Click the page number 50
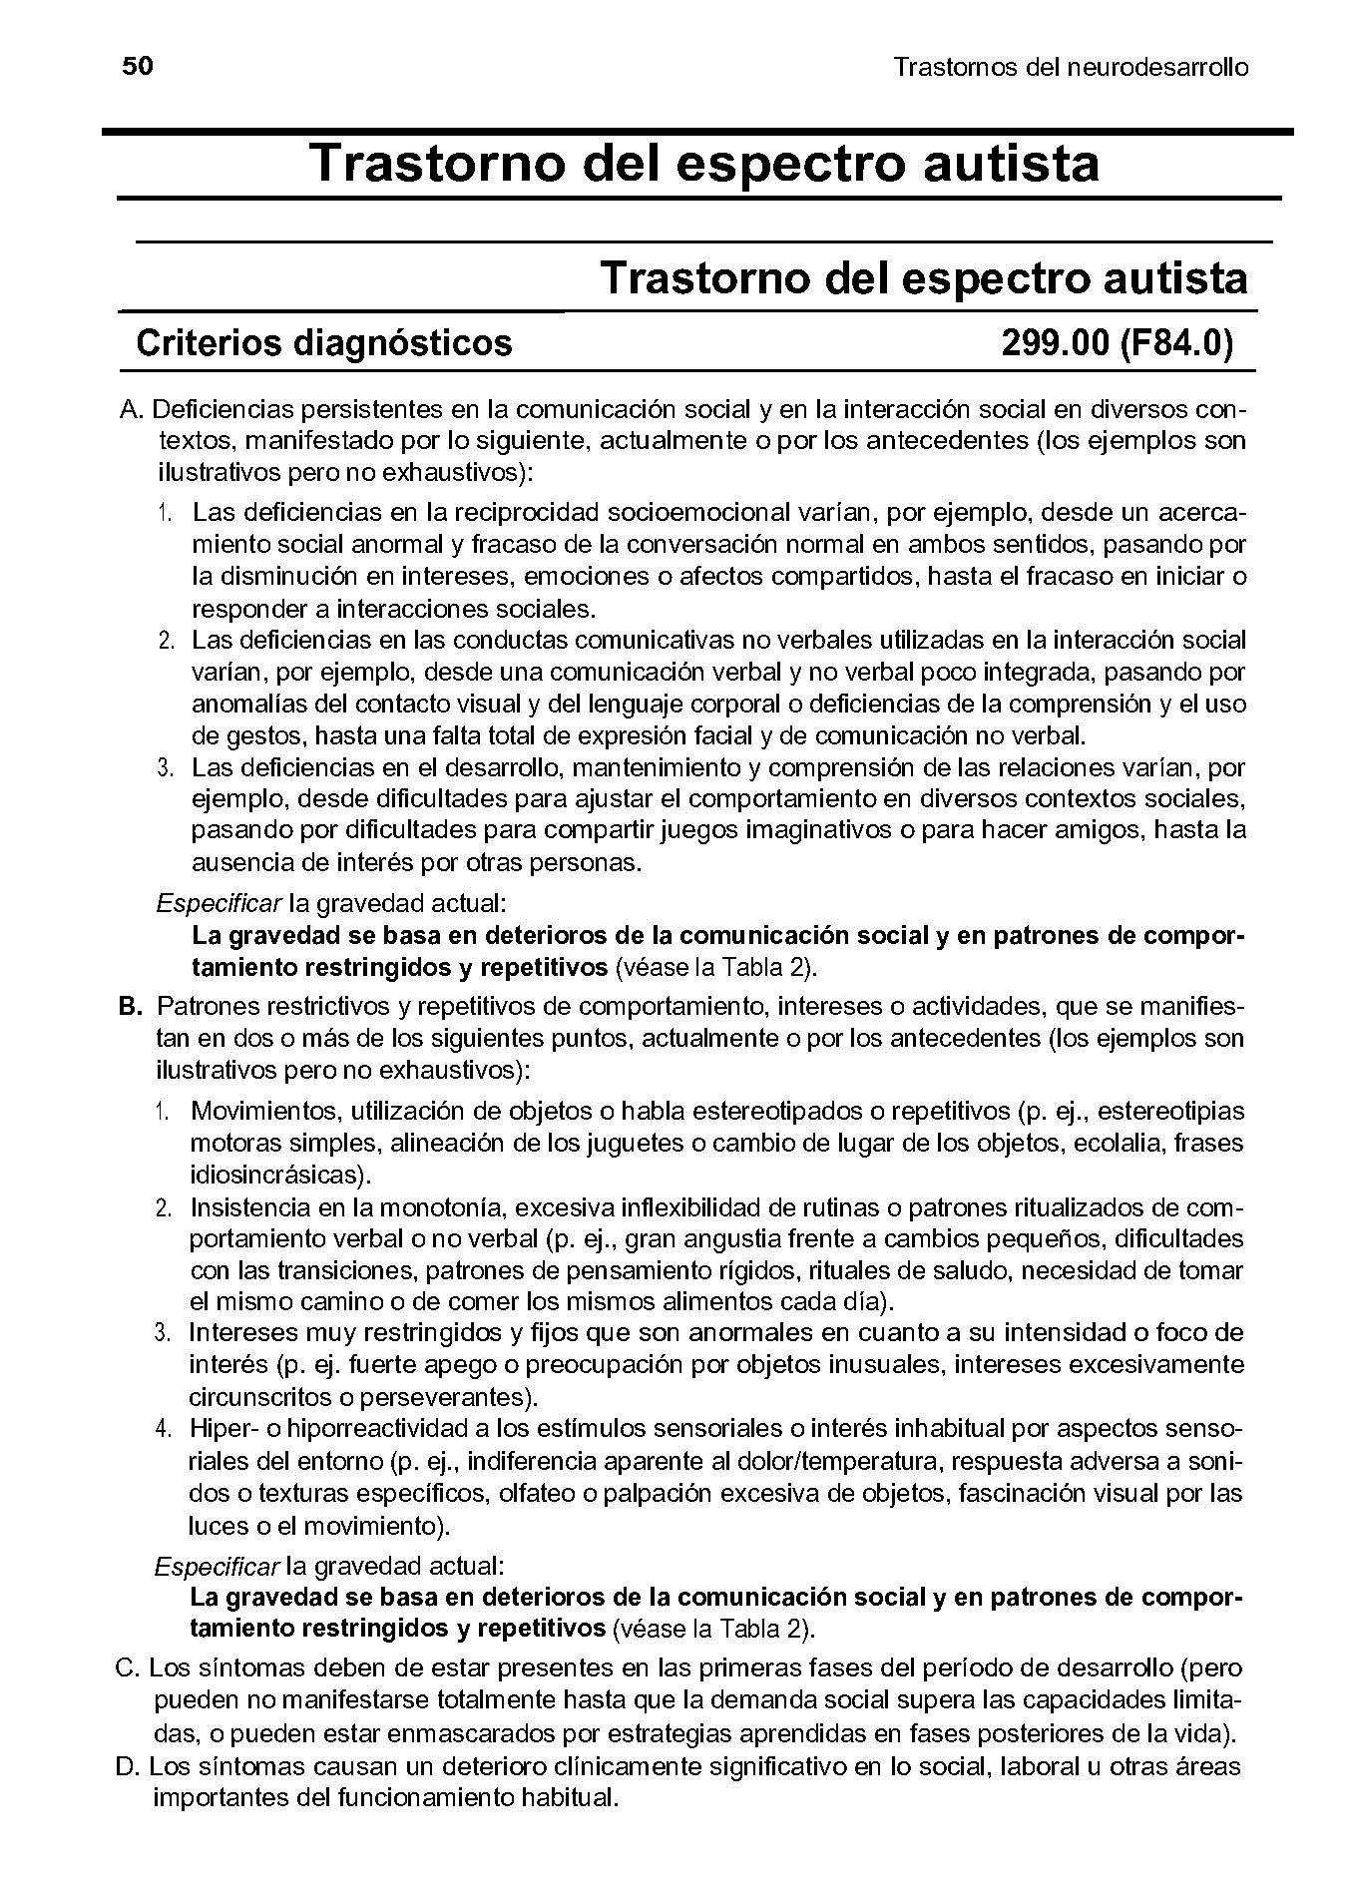click(137, 67)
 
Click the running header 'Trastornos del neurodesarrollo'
click(1071, 68)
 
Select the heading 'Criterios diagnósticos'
click(323, 343)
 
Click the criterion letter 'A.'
click(133, 409)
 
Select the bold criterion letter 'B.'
click(132, 1006)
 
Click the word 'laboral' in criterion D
click(1030, 1767)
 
